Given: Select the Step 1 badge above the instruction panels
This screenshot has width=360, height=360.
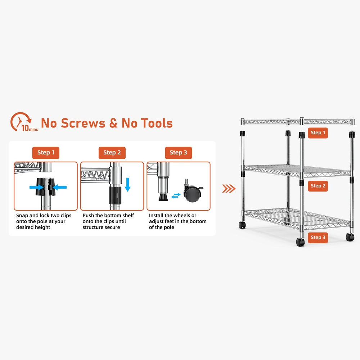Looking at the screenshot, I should tap(46, 153).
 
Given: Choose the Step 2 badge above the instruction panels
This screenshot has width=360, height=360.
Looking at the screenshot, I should tap(112, 153).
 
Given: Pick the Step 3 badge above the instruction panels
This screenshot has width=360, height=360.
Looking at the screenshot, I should tap(179, 153).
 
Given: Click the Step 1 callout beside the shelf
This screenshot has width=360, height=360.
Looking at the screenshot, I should tap(318, 133).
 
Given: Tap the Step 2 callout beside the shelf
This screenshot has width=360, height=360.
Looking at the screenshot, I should tap(318, 186).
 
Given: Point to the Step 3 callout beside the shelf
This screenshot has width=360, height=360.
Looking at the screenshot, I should tap(318, 237).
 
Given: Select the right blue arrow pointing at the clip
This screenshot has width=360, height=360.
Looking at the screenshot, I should tap(60, 187).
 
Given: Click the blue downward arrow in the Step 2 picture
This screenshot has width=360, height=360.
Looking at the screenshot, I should tap(127, 184).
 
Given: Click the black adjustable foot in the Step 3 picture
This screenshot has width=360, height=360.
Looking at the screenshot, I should tap(163, 197).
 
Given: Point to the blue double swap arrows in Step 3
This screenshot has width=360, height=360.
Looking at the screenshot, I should tap(176, 195).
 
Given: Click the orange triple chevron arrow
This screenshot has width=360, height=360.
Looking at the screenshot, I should tap(229, 188).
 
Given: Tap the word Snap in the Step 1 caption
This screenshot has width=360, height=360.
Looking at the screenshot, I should tap(22, 215).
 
